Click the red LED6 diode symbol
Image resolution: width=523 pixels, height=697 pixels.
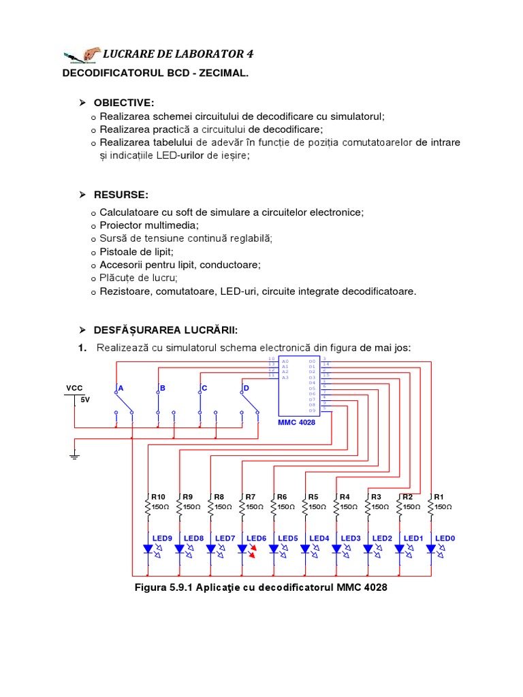click(243, 549)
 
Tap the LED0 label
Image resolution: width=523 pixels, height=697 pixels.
click(445, 538)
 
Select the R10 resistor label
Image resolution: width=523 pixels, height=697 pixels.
click(158, 496)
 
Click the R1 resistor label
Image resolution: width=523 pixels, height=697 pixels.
click(439, 496)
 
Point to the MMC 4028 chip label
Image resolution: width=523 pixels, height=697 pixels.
click(296, 422)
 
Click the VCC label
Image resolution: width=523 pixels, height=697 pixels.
click(74, 388)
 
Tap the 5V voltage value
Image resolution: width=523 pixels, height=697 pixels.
click(85, 400)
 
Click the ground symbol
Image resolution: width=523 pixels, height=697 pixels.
click(74, 455)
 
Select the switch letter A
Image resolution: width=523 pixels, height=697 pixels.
click(121, 388)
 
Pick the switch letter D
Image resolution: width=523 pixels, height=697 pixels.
click(247, 388)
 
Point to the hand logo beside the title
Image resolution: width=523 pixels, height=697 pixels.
click(81, 54)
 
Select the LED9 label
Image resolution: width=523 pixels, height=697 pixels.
click(162, 538)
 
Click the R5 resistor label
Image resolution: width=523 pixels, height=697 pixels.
click(313, 496)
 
